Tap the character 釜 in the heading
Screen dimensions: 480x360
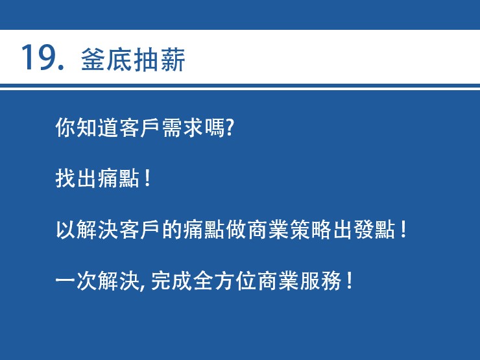click(93, 60)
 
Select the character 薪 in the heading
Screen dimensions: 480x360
click(173, 60)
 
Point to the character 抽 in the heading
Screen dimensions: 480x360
click(146, 60)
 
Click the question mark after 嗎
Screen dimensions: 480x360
click(230, 127)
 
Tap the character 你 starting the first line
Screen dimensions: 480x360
click(66, 127)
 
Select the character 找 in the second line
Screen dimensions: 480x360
click(66, 178)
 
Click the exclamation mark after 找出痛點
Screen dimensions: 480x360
click(147, 178)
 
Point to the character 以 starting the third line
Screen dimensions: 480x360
click(66, 229)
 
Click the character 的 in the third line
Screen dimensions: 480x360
click(173, 229)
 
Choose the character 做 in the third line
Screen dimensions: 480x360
click(236, 229)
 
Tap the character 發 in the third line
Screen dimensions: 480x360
click(364, 229)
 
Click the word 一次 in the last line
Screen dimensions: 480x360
click(76, 280)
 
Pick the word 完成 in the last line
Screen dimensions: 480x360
click(171, 280)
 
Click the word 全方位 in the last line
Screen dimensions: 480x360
click(225, 280)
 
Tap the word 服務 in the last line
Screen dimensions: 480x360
click(321, 280)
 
